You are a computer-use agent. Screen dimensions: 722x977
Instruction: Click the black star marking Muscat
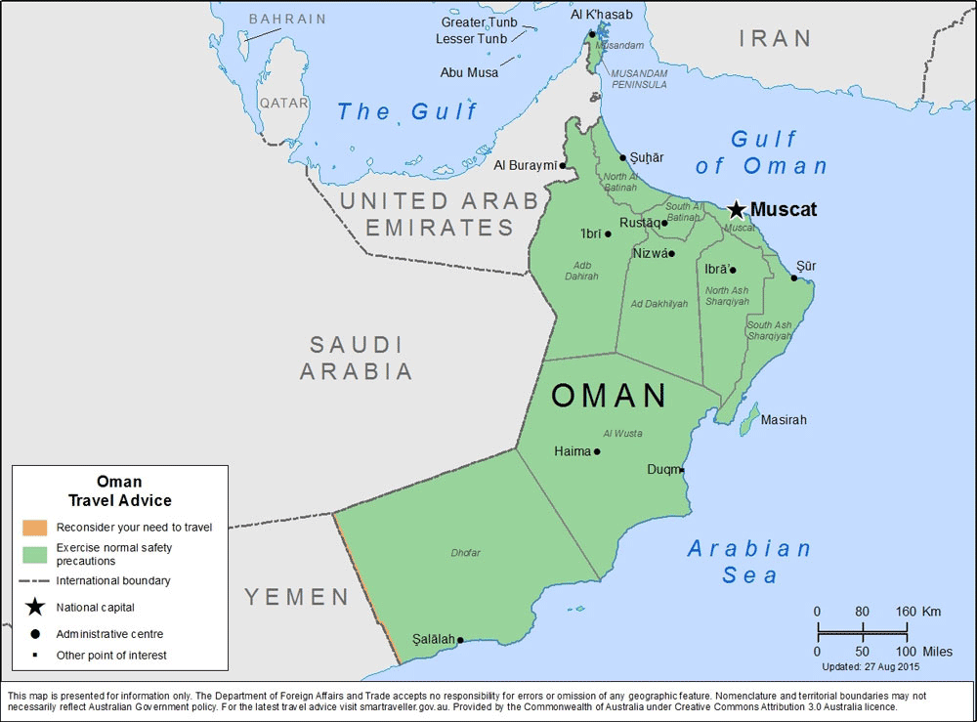(736, 210)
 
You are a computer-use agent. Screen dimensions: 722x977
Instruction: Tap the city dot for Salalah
(460, 641)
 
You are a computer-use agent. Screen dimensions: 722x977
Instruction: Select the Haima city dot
(597, 451)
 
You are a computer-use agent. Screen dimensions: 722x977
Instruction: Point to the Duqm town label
(662, 470)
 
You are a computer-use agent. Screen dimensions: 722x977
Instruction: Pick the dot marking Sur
(794, 277)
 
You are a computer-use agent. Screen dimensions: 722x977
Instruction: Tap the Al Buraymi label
(525, 165)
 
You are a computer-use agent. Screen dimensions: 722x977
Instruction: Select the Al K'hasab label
(601, 15)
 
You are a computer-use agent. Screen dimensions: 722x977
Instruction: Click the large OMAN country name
(609, 396)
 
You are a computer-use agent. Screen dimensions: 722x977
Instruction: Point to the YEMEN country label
(296, 597)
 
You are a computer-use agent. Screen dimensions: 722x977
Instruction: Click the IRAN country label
(775, 39)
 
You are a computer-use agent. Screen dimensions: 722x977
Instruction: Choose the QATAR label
(283, 103)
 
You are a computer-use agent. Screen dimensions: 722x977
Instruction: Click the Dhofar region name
(465, 553)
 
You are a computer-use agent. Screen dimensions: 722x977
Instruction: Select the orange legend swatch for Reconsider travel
(35, 528)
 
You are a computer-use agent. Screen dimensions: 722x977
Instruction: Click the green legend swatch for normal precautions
(35, 553)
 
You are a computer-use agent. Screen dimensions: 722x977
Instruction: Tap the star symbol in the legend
(35, 607)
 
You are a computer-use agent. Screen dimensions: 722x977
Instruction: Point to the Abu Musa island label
(469, 72)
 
